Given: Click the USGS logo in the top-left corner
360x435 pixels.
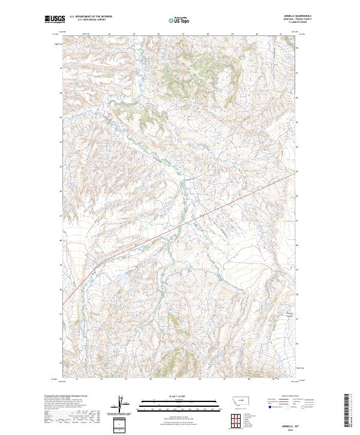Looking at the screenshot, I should pyautogui.click(x=55, y=19).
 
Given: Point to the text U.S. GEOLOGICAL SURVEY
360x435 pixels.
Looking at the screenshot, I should pyautogui.click(x=91, y=20).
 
